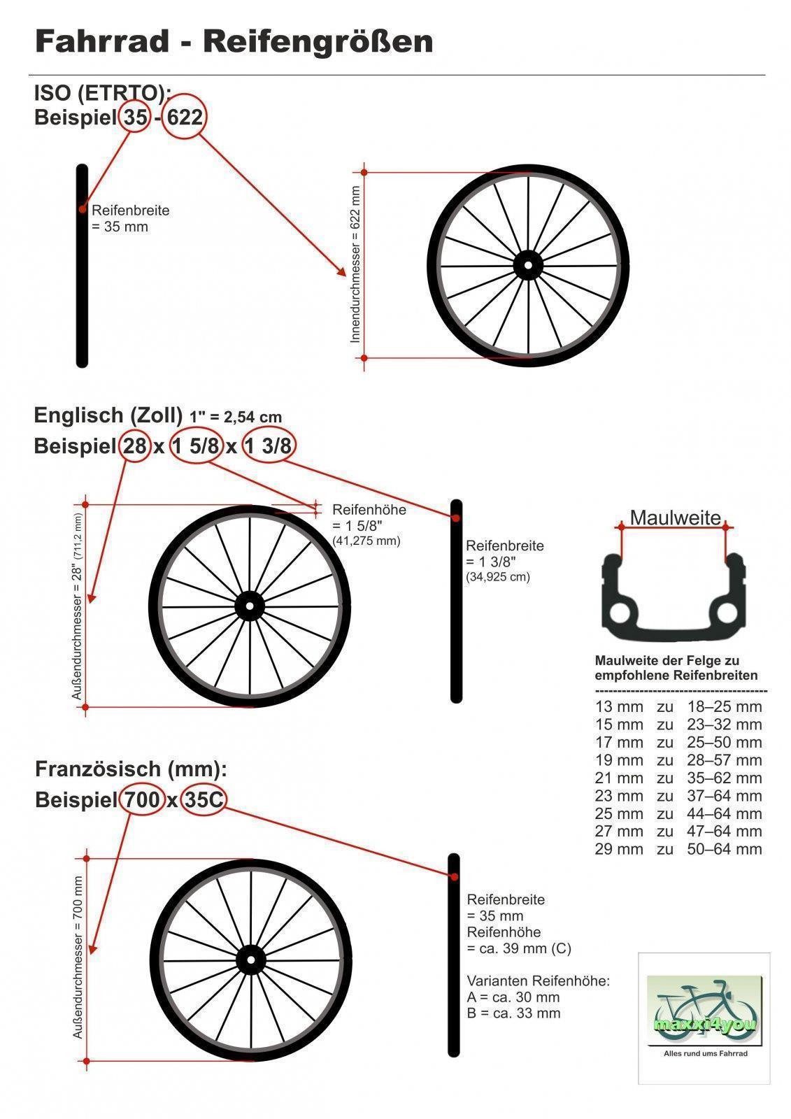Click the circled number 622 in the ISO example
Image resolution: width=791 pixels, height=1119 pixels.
185,117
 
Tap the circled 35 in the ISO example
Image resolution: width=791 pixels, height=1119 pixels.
136,117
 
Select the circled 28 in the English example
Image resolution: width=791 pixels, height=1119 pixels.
134,445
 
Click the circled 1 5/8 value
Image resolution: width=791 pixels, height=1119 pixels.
195,445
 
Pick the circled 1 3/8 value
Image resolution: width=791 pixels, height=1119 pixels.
269,445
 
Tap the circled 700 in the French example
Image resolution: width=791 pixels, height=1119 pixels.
143,799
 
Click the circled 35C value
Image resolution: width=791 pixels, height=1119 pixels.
203,799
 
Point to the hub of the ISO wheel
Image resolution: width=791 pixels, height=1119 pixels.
528,265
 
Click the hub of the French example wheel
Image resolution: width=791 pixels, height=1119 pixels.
250,959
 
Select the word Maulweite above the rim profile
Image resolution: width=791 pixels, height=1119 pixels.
675,518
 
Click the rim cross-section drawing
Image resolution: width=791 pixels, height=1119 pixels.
674,594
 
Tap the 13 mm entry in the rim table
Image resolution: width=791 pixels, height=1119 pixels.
619,706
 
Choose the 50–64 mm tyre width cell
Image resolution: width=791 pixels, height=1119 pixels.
724,849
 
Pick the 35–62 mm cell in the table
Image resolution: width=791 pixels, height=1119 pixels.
724,778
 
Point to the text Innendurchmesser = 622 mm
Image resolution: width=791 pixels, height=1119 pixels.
355,264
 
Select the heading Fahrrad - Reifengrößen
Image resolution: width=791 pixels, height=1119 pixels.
234,41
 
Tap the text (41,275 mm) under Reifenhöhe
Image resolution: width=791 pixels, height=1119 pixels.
366,541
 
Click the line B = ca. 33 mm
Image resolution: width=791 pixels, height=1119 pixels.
513,1013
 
